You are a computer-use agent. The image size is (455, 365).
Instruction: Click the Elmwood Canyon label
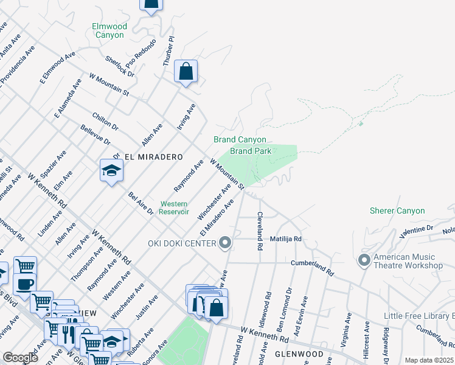[109, 30]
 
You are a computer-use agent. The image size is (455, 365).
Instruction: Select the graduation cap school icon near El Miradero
[111, 171]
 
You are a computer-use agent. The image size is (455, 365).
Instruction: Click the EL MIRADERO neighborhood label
[153, 157]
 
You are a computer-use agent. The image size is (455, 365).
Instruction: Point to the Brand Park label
[250, 151]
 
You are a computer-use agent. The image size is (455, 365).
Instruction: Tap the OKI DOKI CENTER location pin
[226, 243]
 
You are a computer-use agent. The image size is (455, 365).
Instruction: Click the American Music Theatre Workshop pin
[364, 260]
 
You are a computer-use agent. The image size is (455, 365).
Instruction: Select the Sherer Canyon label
[397, 211]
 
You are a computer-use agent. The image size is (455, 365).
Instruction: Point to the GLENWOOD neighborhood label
[297, 354]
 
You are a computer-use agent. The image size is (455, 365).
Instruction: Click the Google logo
[20, 358]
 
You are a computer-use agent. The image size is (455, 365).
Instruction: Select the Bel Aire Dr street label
[141, 203]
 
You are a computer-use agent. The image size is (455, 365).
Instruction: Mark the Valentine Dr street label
[415, 230]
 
